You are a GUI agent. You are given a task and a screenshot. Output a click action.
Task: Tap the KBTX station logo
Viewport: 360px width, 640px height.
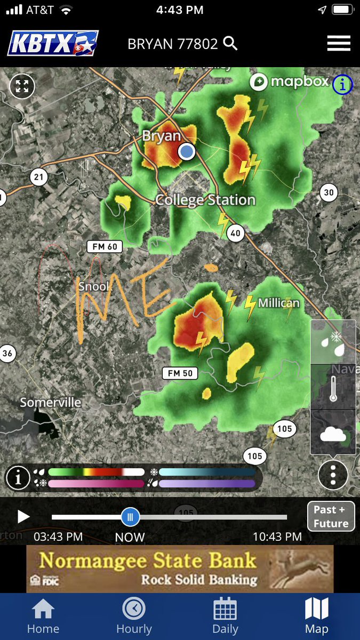click(53, 43)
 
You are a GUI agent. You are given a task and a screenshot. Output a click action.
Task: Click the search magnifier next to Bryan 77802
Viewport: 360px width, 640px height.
click(230, 43)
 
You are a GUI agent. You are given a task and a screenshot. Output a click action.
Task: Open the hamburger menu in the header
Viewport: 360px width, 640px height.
click(339, 43)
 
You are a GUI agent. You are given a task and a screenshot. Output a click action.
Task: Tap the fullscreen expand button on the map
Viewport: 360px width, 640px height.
click(22, 86)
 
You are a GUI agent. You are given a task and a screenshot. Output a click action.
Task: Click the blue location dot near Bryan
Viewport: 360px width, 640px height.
click(187, 151)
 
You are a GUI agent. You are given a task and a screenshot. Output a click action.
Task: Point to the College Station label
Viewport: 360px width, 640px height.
click(205, 200)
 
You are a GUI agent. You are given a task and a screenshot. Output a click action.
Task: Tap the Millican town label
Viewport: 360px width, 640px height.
click(278, 303)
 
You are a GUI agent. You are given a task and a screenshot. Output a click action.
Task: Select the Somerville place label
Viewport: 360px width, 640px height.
click(50, 402)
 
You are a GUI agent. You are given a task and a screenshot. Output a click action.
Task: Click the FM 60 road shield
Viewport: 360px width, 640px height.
click(105, 246)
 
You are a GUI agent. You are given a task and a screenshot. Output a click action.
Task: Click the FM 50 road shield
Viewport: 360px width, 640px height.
click(180, 373)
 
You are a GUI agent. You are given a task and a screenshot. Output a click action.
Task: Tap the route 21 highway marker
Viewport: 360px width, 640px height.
click(38, 178)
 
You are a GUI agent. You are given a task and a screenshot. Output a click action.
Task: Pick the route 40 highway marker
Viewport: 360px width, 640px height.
click(235, 233)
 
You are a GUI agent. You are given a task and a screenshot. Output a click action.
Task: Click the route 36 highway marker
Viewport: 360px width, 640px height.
click(7, 353)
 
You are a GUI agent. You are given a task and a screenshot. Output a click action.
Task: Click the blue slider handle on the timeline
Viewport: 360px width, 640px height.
click(130, 517)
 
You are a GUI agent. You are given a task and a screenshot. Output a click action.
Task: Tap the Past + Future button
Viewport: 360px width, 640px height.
click(331, 516)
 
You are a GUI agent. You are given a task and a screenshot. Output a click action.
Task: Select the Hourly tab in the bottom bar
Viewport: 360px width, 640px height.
click(134, 615)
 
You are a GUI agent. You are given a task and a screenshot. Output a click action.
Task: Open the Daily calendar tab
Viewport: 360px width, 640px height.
click(225, 615)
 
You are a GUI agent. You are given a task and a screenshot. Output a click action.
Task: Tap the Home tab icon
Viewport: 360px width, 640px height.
click(43, 615)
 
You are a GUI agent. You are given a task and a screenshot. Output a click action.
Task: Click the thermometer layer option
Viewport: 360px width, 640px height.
click(333, 388)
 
